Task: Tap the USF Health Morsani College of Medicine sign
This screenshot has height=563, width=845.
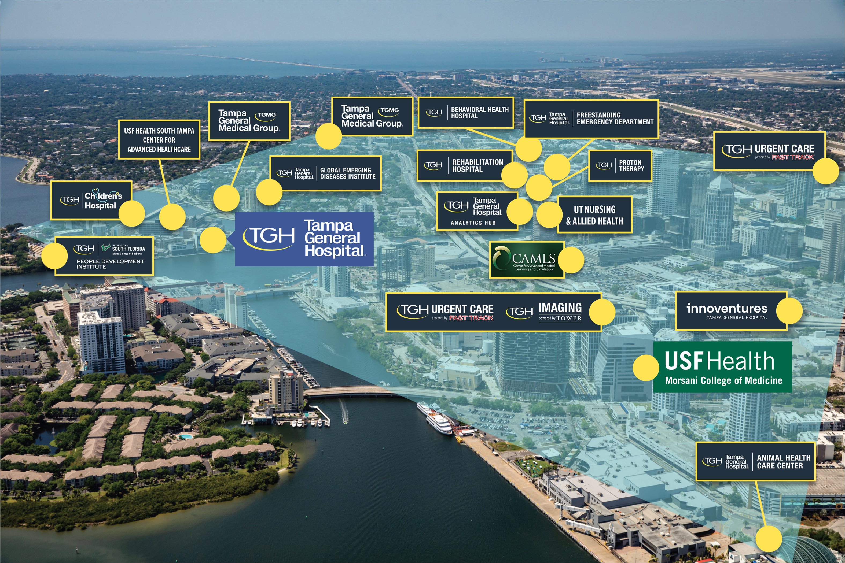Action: coord(722,367)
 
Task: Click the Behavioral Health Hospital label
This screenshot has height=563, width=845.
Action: coord(466,112)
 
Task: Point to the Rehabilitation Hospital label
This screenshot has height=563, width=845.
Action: coord(462,165)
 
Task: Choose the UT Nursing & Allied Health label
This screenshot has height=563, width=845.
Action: coord(595,215)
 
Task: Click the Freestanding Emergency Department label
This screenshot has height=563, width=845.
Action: coord(591,119)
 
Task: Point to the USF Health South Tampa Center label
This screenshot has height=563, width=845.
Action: coord(159,140)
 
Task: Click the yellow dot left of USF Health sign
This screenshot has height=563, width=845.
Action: coord(646,368)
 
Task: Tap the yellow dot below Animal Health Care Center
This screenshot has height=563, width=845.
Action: coord(769,539)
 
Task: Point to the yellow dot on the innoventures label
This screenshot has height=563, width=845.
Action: coord(789,311)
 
